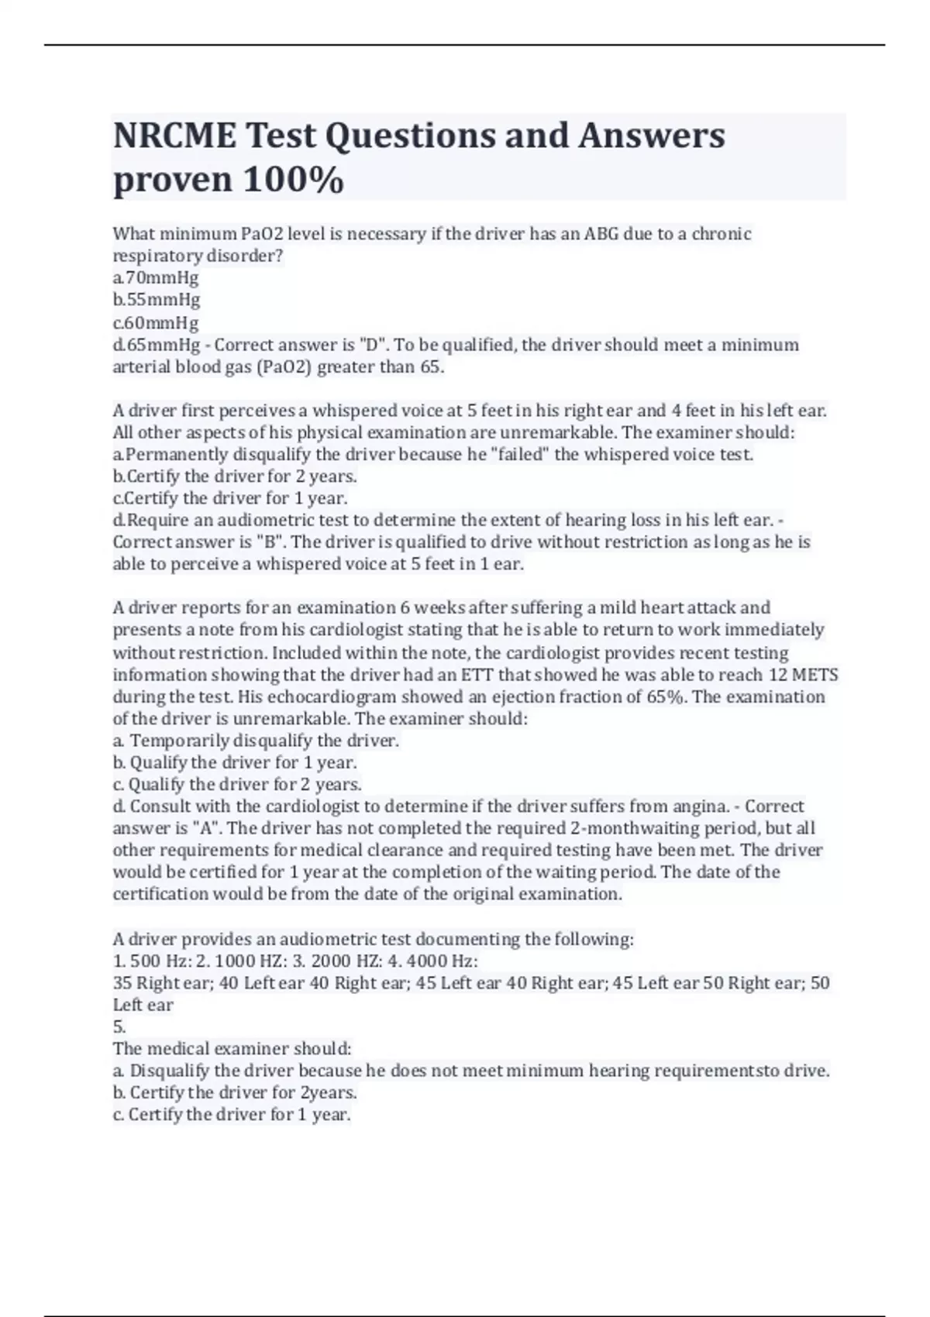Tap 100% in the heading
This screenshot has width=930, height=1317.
pos(294,180)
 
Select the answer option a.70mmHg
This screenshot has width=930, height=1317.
pos(156,277)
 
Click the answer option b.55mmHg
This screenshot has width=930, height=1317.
pos(157,299)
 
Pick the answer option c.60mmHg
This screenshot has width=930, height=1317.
pos(156,322)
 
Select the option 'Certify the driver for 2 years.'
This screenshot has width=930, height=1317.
pos(235,476)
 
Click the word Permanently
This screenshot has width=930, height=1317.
pos(177,454)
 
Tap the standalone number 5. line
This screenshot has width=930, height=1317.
pos(119,1027)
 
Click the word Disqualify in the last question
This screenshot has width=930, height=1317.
pos(170,1071)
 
